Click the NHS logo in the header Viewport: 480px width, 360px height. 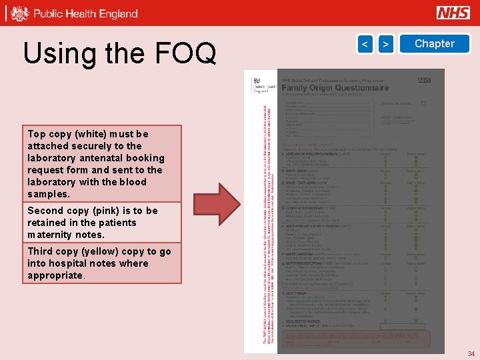pos(453,13)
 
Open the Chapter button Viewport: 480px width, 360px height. pos(434,44)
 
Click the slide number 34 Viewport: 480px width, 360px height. pos(471,354)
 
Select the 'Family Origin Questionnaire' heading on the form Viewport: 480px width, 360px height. pos(334,87)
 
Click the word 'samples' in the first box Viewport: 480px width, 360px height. pos(48,194)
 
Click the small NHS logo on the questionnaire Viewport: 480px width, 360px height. pos(424,81)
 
